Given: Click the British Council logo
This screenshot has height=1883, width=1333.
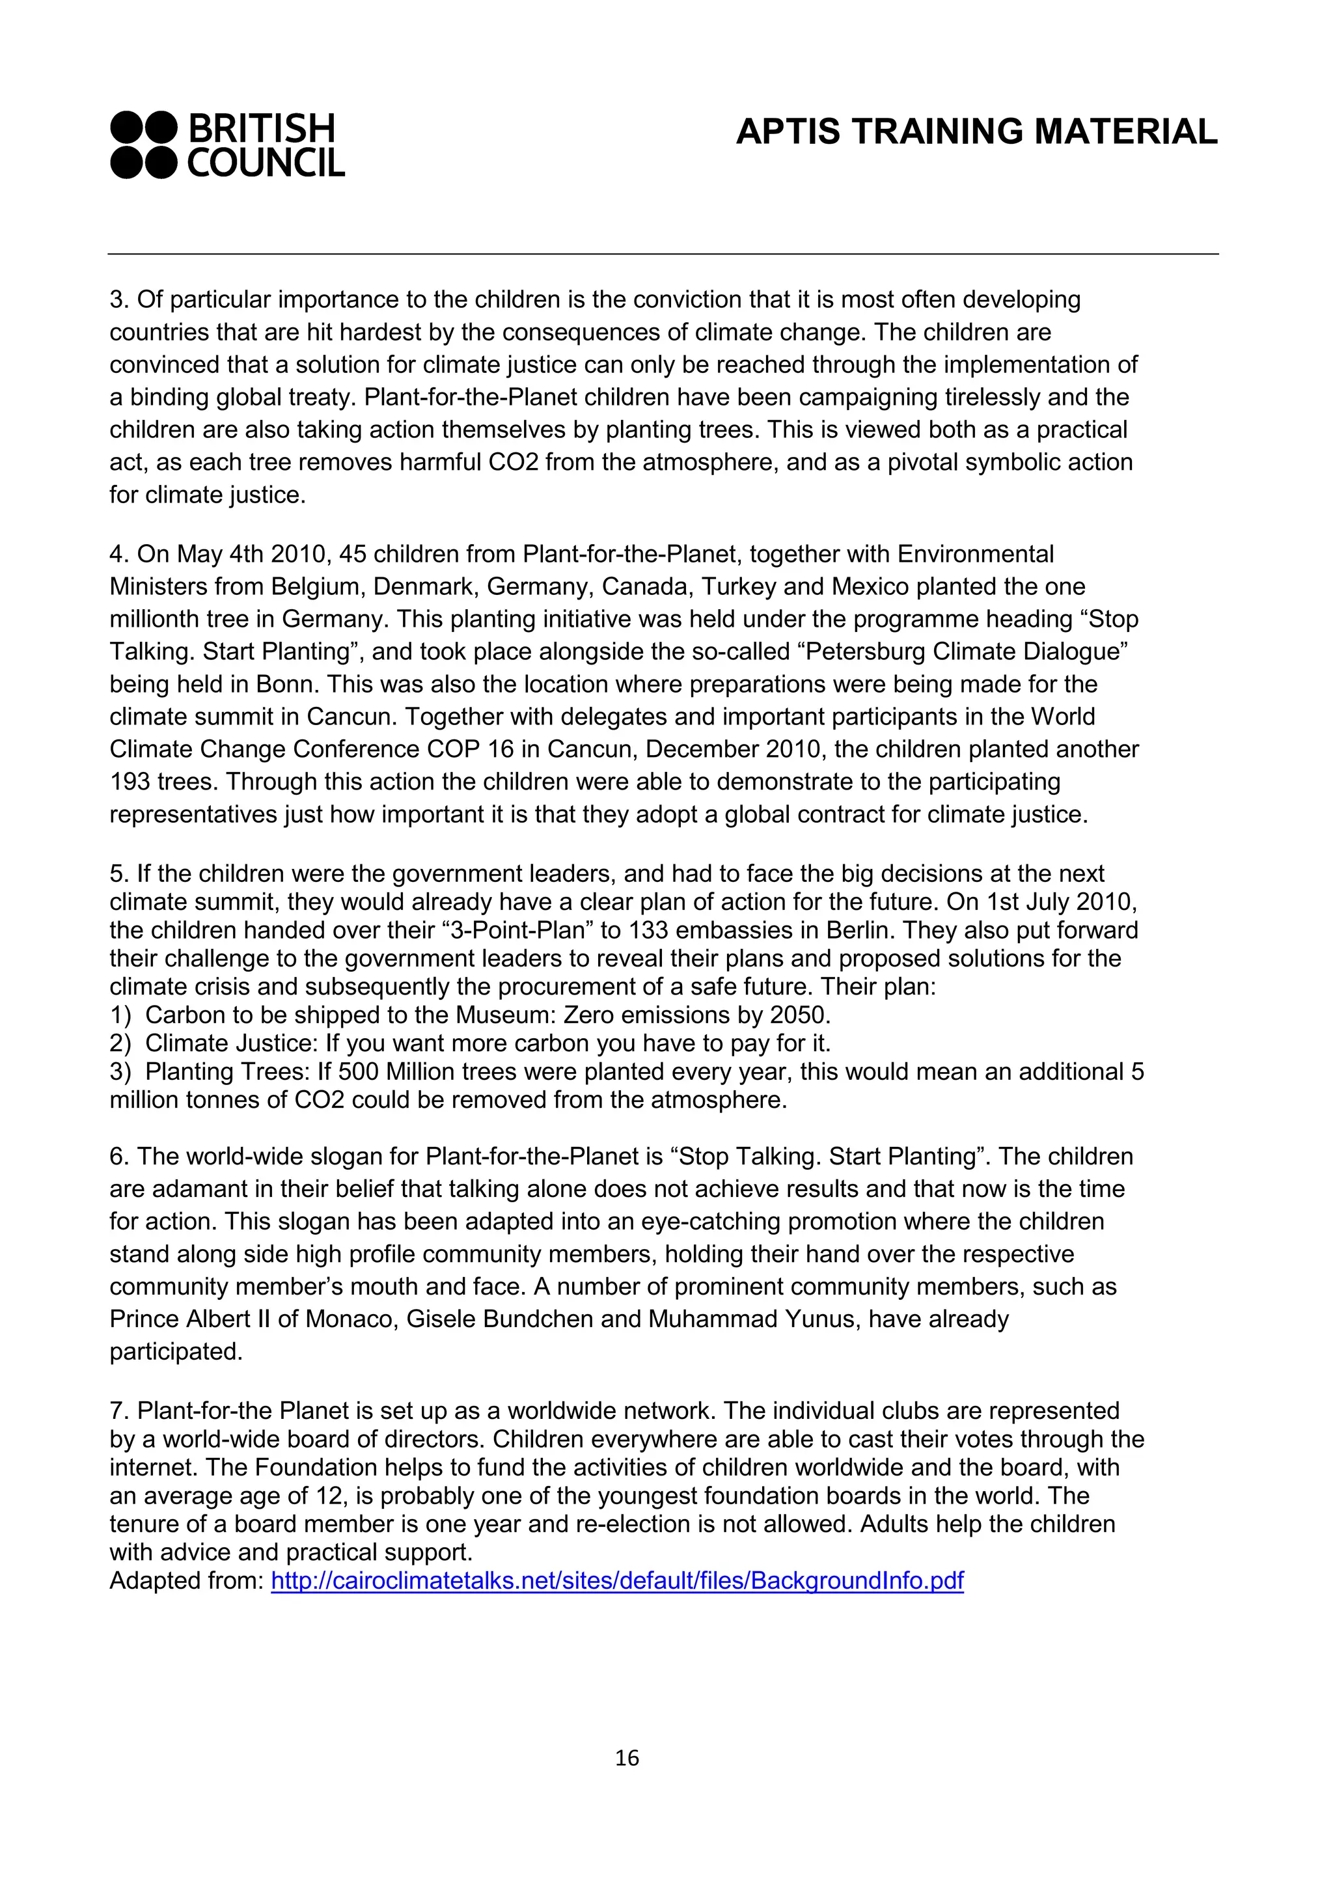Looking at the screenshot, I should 227,145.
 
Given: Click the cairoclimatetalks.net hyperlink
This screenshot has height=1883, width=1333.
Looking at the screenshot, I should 616,1580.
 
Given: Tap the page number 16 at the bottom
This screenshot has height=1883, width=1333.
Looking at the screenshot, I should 626,1757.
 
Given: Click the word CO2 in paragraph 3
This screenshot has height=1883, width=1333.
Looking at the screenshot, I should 513,462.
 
